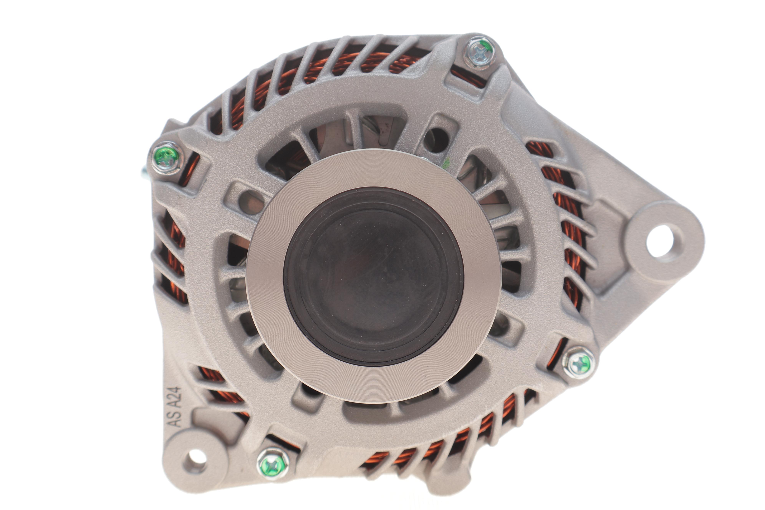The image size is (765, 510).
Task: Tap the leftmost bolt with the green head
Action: tap(167, 158)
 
